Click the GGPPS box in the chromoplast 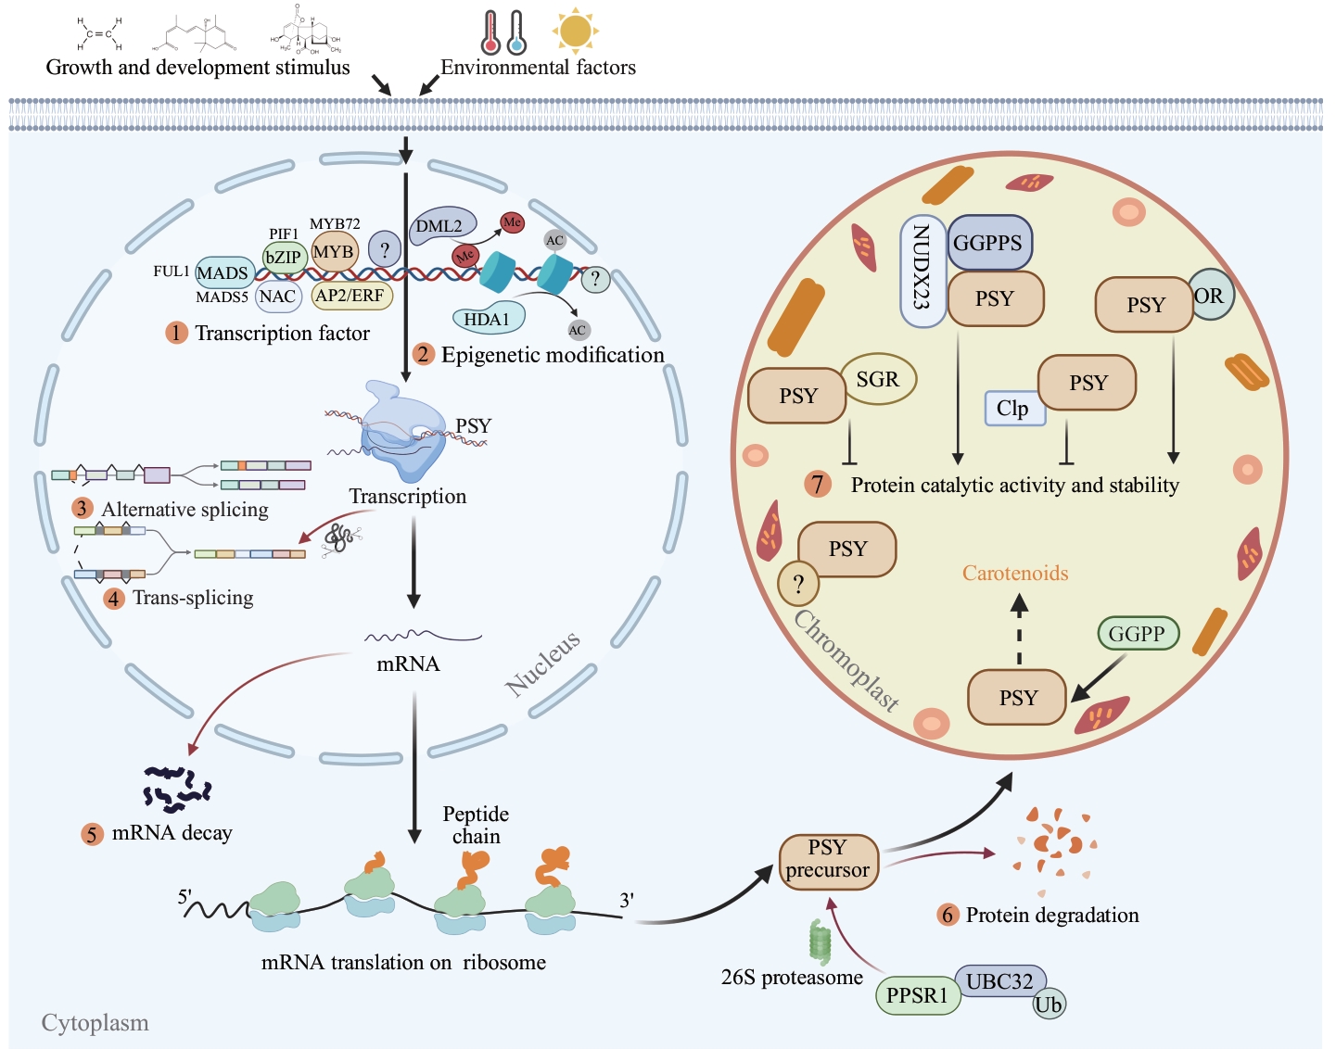click(x=988, y=243)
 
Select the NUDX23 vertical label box click(x=922, y=272)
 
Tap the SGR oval click(x=878, y=379)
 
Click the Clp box click(x=1013, y=409)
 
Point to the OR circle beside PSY click(x=1211, y=296)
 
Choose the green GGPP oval click(x=1138, y=634)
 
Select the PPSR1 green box click(x=917, y=995)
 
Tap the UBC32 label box click(x=999, y=980)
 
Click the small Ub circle click(x=1049, y=1005)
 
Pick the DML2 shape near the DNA click(x=441, y=226)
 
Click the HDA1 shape click(x=488, y=319)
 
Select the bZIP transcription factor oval click(x=284, y=258)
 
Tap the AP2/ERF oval click(x=351, y=296)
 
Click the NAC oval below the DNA click(x=277, y=297)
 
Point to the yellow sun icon click(x=576, y=31)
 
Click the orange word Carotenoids click(x=1015, y=573)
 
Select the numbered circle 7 click(x=818, y=484)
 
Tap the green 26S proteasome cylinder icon click(x=820, y=942)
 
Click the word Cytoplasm click(x=95, y=1023)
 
